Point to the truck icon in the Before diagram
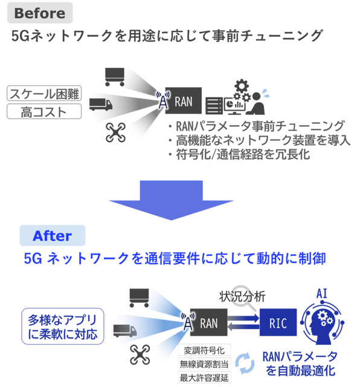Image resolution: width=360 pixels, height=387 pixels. (x=101, y=103)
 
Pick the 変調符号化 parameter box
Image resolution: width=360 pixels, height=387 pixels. (x=203, y=351)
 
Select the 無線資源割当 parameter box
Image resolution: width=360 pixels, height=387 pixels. (x=203, y=365)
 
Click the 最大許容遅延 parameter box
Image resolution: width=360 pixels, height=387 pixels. (x=203, y=379)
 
